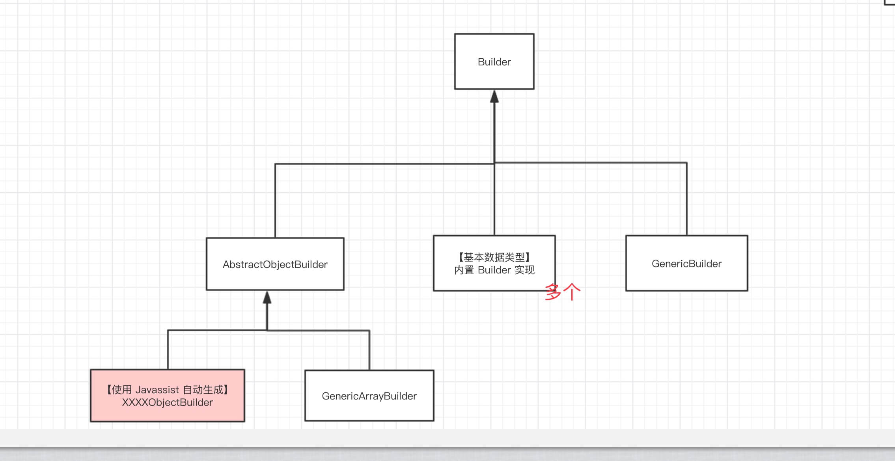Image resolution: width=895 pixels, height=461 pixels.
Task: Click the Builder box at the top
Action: [x=494, y=61]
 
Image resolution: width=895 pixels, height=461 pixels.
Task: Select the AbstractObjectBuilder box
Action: [x=275, y=264]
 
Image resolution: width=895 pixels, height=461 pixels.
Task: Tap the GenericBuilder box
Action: [x=686, y=263]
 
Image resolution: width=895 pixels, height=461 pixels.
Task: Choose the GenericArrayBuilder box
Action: [x=369, y=396]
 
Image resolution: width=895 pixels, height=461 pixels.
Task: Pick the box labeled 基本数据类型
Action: [x=494, y=257]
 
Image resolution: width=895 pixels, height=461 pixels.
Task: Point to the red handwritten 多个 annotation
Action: [x=563, y=292]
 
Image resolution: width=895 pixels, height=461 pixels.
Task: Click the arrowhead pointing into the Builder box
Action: [x=494, y=97]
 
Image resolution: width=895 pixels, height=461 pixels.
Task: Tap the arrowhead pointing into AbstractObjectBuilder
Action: [x=267, y=298]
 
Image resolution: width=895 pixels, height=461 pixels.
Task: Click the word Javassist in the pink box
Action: [x=157, y=390]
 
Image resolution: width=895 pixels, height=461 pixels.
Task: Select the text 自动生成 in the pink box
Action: [x=203, y=390]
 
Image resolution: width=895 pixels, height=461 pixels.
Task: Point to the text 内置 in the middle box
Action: [x=464, y=270]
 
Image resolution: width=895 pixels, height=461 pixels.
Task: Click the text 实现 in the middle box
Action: [x=524, y=270]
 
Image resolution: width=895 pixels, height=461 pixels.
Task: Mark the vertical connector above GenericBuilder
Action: [x=686, y=199]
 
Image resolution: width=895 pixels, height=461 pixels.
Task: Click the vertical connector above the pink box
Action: [x=168, y=350]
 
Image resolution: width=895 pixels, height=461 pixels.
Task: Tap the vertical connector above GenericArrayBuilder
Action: [x=369, y=350]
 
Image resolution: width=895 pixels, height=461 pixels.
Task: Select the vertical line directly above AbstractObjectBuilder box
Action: [x=275, y=201]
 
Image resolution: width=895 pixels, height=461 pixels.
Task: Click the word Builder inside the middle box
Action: [x=494, y=270]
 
